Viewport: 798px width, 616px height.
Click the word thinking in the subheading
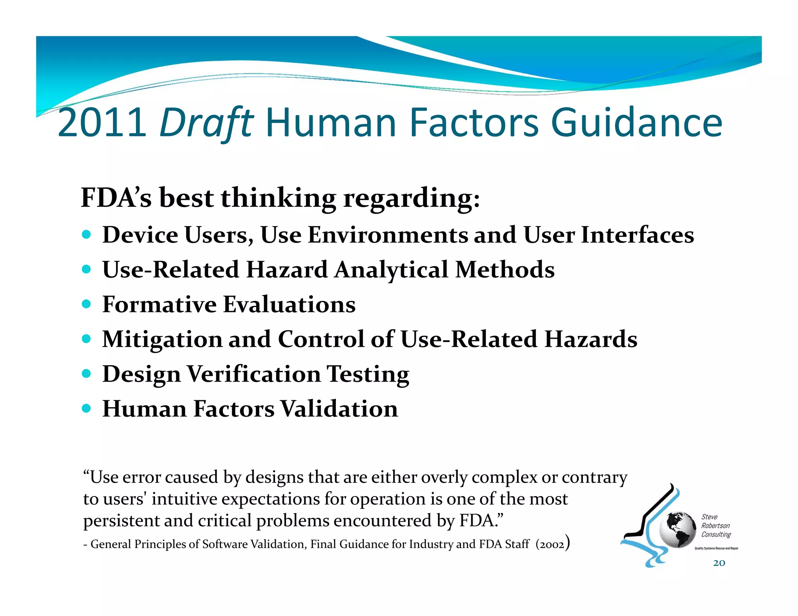pos(278,198)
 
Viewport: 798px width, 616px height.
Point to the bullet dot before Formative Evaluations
pos(87,304)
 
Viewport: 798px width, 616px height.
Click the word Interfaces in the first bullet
pos(637,235)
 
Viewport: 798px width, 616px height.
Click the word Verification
pos(254,374)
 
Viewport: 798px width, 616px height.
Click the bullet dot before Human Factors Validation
pos(87,408)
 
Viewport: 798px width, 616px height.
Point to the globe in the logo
pos(678,530)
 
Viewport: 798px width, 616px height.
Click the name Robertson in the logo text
pos(715,526)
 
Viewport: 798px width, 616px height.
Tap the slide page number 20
pos(719,563)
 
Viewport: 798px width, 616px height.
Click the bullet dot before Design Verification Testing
pos(87,374)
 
